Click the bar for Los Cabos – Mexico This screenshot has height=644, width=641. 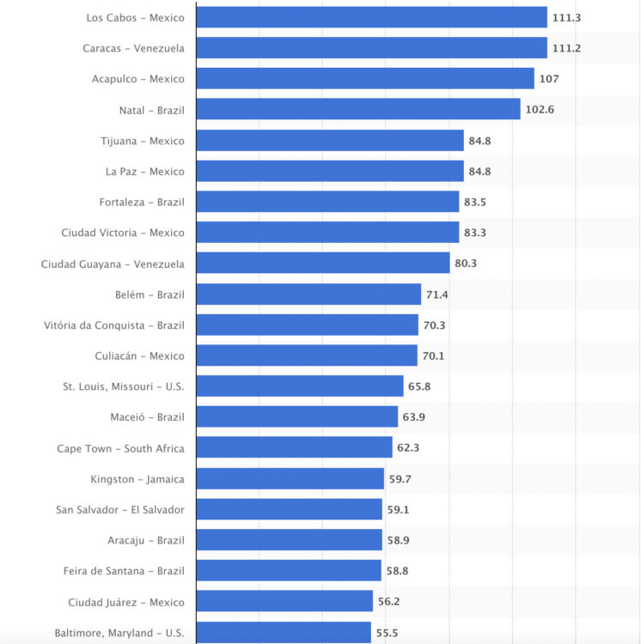[371, 17]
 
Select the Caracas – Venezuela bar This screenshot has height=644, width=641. [371, 48]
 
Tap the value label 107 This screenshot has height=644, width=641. [549, 79]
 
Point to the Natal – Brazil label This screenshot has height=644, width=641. [151, 110]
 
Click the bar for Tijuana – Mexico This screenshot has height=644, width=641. [330, 141]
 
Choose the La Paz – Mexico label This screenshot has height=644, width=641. [144, 172]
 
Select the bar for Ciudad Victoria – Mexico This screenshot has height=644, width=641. [327, 233]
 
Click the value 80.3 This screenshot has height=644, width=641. [466, 264]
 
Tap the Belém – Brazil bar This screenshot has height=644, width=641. [308, 295]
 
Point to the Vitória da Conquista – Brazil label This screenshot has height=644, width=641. [113, 325]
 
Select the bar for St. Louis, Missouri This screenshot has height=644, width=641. [300, 386]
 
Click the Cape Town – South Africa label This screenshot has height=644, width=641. [120, 448]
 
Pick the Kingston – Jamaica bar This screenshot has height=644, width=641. [290, 479]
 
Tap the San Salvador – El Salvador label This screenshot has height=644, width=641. [119, 510]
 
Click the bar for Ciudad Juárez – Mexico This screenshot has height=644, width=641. [284, 602]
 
